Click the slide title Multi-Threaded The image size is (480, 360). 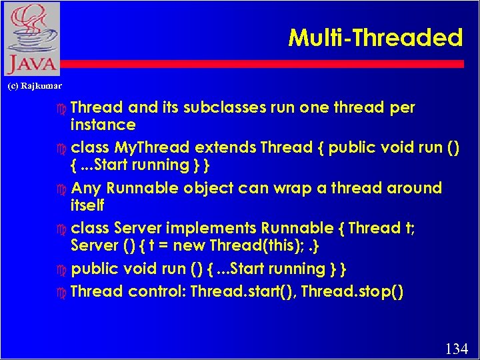375,38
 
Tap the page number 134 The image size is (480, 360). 457,348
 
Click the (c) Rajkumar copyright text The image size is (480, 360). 34,85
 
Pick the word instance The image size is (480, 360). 103,125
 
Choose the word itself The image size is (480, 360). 87,205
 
